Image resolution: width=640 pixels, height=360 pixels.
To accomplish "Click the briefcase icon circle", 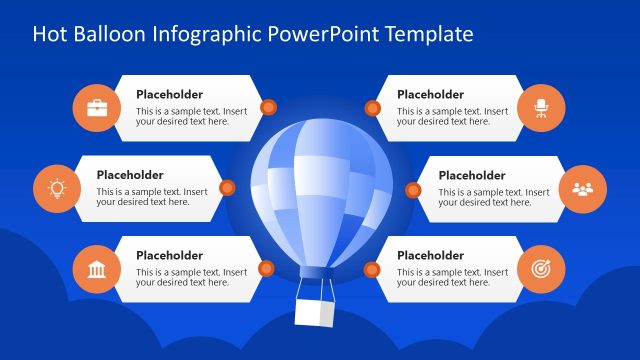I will point(97,108).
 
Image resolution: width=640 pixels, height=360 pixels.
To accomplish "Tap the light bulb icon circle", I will point(57,188).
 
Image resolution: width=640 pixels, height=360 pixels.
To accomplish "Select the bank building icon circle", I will point(97,268).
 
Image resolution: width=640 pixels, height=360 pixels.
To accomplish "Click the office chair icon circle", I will point(541,108).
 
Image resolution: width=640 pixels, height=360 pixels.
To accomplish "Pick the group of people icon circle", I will point(582,188).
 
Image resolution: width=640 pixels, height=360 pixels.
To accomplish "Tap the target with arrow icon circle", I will point(541,268).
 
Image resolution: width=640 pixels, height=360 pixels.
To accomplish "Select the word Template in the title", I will point(427,35).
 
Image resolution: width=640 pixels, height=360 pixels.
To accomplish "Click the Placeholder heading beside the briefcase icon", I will point(169,95).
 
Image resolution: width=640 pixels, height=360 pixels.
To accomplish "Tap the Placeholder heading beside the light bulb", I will point(129,175).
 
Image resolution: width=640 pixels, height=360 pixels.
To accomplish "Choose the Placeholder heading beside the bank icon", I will point(169,255).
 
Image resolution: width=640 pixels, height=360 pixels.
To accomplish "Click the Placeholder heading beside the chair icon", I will point(430,95).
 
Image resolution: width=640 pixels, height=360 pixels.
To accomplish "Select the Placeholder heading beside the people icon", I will point(471,175).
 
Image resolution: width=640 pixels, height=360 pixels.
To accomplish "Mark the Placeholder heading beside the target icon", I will point(430,255).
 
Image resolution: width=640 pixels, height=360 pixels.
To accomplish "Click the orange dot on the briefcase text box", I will point(267,107).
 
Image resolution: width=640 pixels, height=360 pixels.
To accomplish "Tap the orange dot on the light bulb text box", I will point(227,187).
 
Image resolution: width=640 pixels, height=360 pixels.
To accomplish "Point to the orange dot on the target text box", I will point(372,268).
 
